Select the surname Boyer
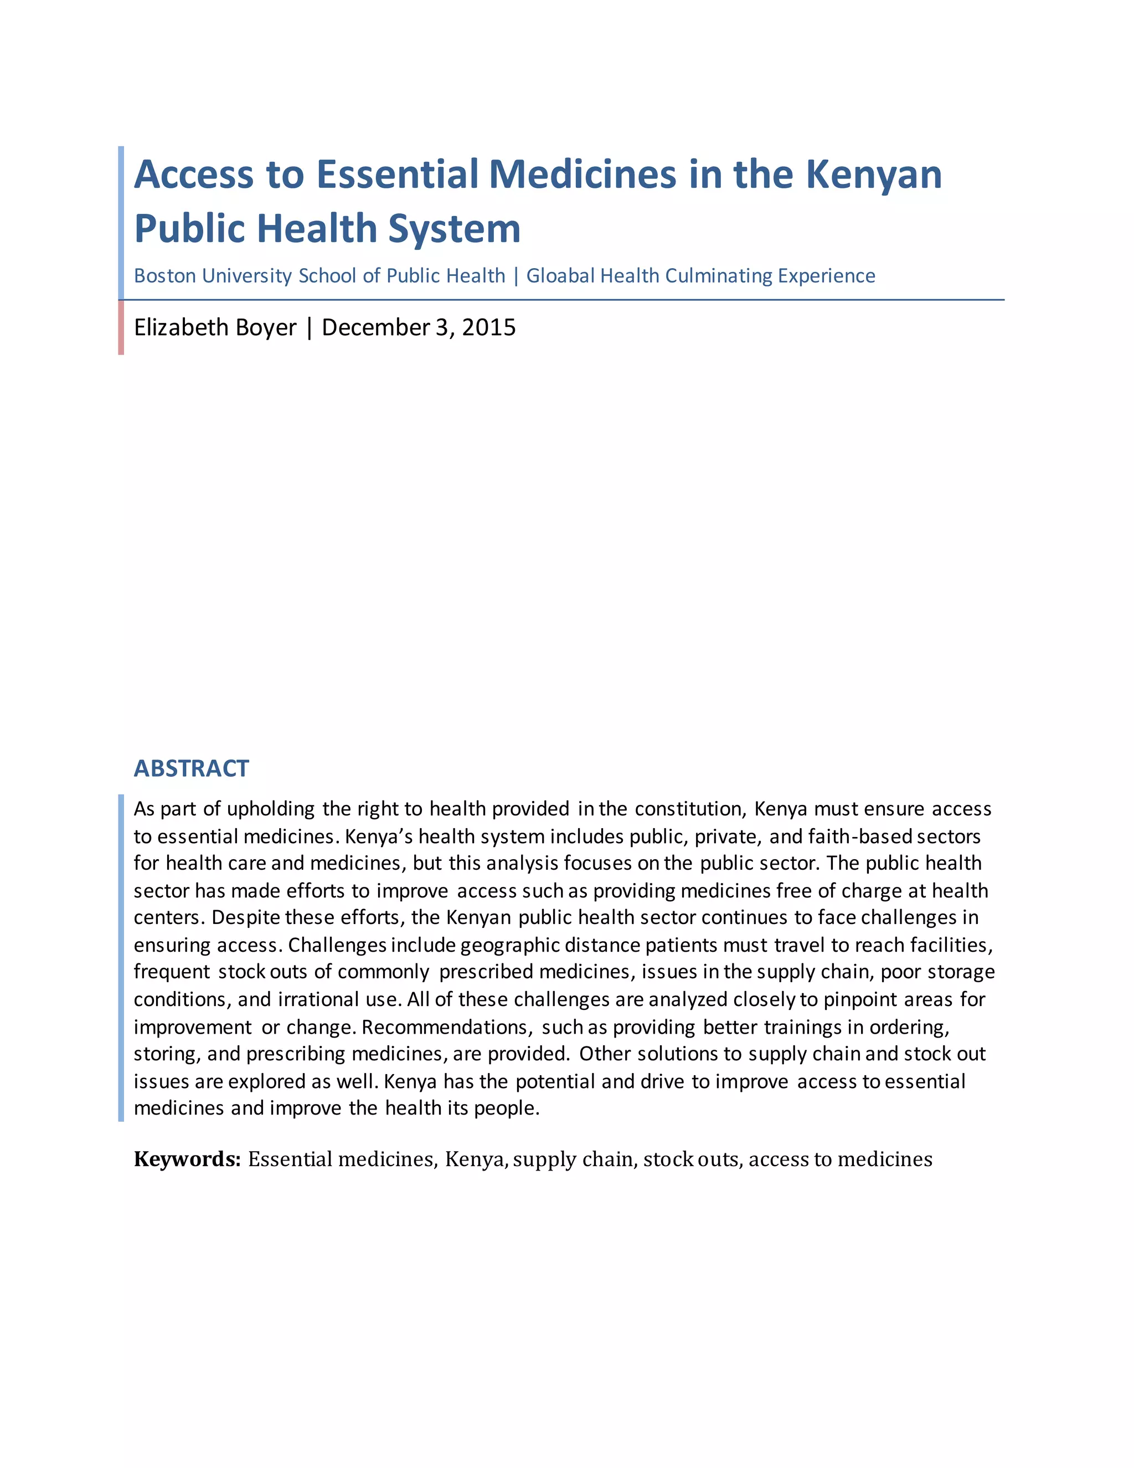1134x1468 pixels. tap(265, 327)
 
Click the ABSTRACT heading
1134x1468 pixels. tap(192, 768)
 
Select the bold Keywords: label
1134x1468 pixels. tap(187, 1159)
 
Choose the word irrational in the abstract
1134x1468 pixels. tap(318, 999)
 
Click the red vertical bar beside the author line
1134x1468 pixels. tap(121, 327)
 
